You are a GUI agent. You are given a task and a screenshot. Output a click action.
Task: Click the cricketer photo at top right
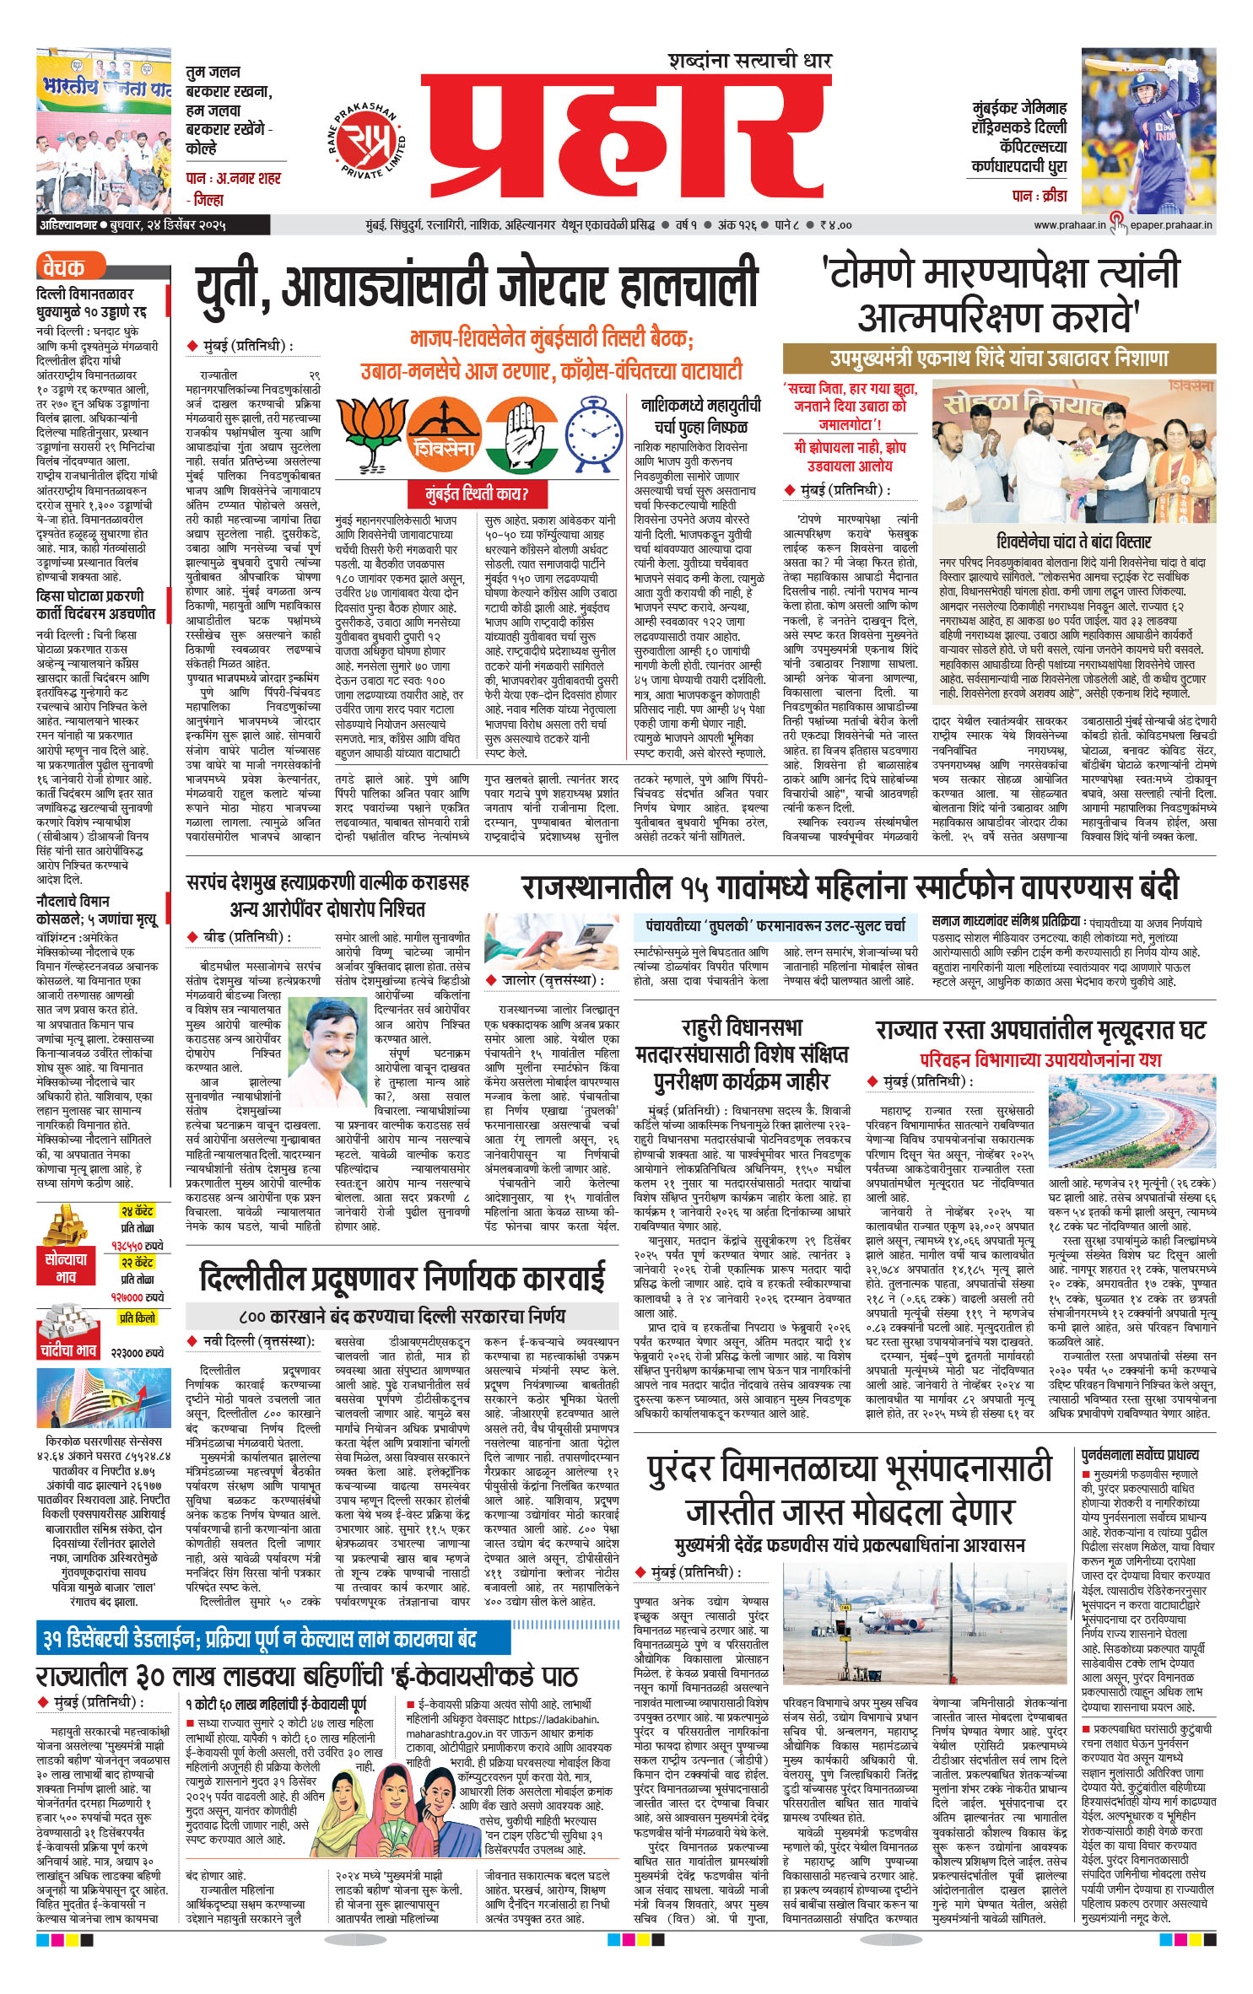[1148, 131]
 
